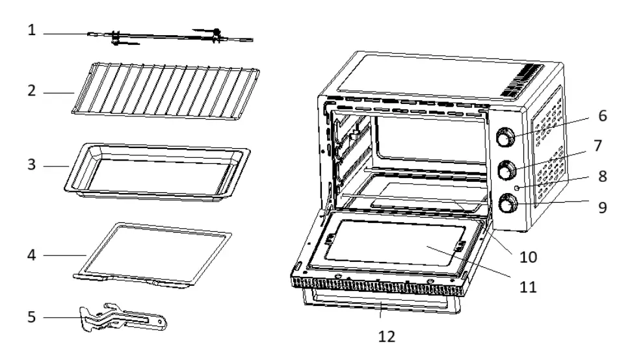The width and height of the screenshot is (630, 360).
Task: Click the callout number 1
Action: pyautogui.click(x=31, y=30)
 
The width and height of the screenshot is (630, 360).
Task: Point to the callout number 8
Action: pyautogui.click(x=603, y=176)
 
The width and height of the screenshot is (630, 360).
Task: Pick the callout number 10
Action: pyautogui.click(x=528, y=257)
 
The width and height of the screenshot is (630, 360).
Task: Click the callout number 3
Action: pyautogui.click(x=31, y=165)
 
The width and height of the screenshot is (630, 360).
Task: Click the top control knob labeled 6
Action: pyautogui.click(x=505, y=138)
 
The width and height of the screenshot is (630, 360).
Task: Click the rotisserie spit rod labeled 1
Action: pyautogui.click(x=169, y=38)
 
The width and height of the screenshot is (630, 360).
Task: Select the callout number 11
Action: pyautogui.click(x=528, y=286)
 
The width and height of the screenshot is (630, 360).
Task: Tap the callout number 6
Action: pyautogui.click(x=603, y=116)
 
